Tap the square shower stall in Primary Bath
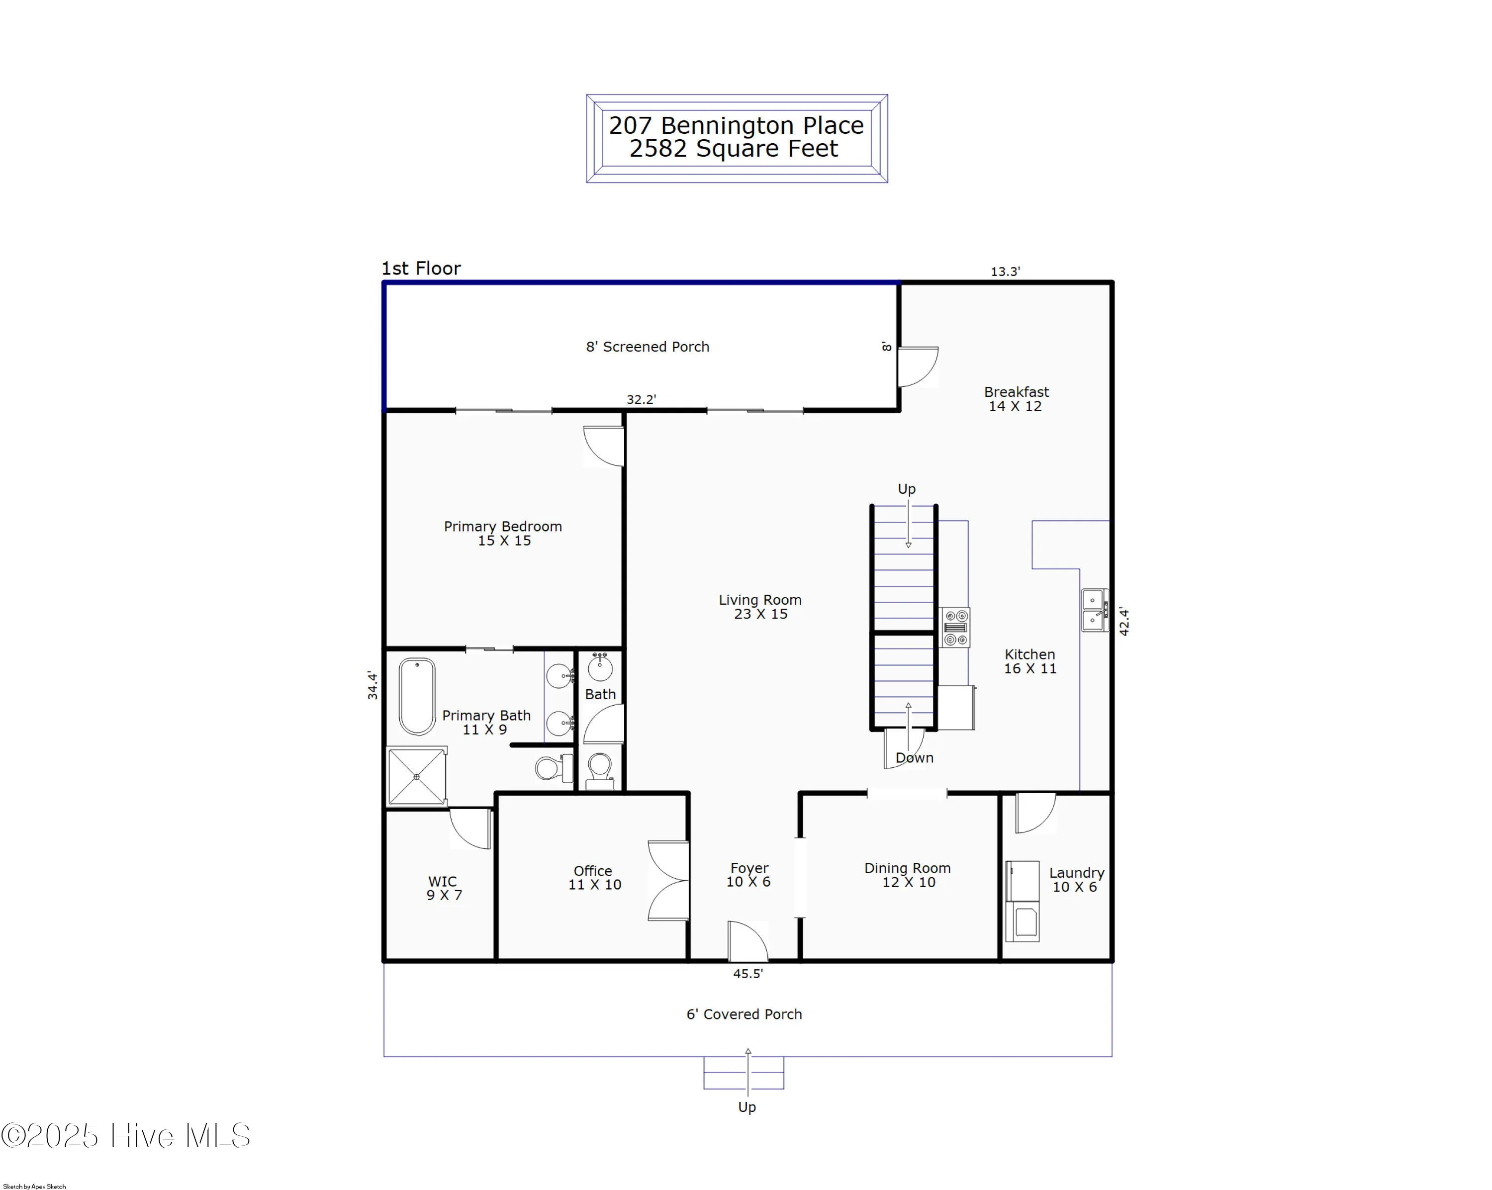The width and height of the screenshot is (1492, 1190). [417, 776]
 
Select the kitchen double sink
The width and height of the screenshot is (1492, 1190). [1094, 610]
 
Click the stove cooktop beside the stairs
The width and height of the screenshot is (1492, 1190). [955, 628]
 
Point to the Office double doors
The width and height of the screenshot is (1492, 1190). [668, 880]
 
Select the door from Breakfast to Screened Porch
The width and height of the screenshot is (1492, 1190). [917, 366]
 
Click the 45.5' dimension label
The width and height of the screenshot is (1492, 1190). [747, 974]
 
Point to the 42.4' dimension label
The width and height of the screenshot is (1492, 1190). [1124, 621]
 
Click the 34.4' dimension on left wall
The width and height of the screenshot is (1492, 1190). [373, 685]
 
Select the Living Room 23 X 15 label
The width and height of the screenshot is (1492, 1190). [760, 607]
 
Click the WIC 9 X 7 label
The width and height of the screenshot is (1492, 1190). [443, 888]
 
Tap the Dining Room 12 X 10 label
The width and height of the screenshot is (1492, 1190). [907, 875]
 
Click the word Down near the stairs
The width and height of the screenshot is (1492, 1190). [914, 757]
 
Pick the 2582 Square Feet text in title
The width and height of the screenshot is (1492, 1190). [733, 149]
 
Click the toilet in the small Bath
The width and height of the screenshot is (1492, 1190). [599, 769]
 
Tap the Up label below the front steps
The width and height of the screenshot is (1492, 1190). [746, 1107]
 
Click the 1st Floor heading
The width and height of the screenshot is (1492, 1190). [421, 269]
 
